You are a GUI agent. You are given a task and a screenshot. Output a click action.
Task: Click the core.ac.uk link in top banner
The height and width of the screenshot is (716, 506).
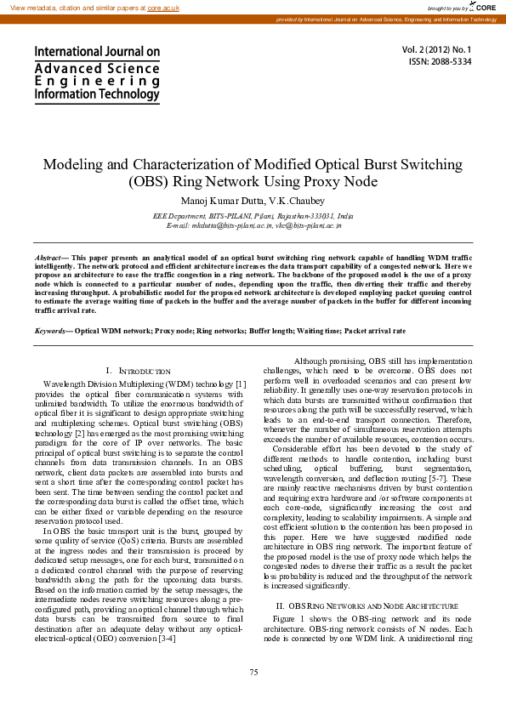click(x=162, y=7)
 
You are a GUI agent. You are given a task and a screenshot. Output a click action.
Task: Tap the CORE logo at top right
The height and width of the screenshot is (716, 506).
click(x=482, y=7)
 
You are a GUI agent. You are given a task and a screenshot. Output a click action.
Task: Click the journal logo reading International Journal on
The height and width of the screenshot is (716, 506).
click(x=97, y=52)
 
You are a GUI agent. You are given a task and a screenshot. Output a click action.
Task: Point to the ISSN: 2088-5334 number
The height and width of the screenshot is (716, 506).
click(x=452, y=62)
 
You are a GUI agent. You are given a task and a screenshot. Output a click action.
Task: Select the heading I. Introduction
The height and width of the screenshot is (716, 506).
click(x=139, y=371)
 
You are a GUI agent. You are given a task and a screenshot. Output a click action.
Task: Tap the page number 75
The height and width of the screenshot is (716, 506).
click(x=253, y=673)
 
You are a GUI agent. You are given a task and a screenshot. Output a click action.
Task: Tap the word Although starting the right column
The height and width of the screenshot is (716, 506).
click(x=313, y=361)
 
